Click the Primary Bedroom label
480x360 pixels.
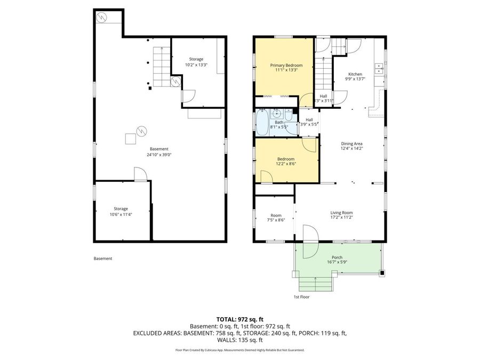[283, 65]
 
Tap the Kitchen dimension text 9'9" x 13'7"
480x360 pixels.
[355, 79]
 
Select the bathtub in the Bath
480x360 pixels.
[262, 123]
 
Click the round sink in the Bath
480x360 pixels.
[276, 113]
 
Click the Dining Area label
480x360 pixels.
[352, 143]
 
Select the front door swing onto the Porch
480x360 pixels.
[310, 234]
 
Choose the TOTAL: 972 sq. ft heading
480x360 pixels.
[240, 318]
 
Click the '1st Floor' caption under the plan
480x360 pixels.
[301, 297]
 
